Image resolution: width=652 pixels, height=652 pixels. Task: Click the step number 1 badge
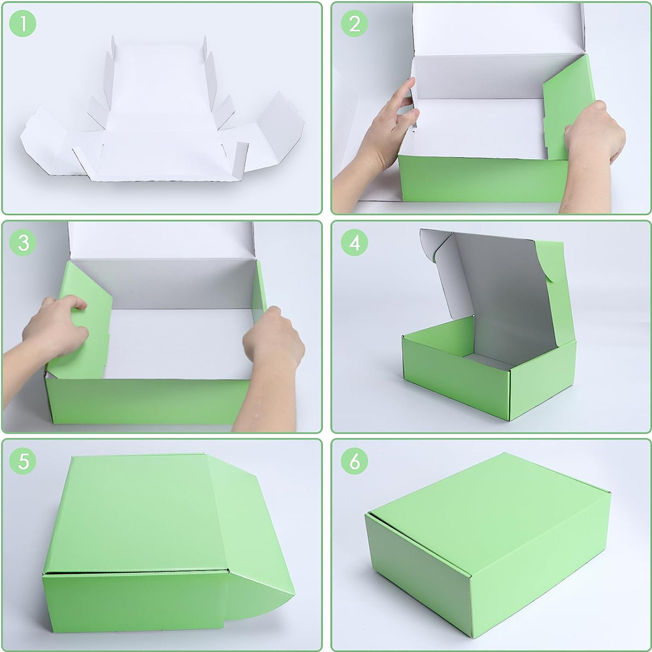pyautogui.click(x=22, y=23)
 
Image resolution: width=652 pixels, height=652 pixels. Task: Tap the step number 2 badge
pyautogui.click(x=354, y=23)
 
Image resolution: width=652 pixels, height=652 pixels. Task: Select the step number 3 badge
pyautogui.click(x=22, y=243)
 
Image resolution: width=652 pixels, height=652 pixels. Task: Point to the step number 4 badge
pyautogui.click(x=354, y=243)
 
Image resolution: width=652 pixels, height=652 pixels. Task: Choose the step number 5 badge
pyautogui.click(x=22, y=461)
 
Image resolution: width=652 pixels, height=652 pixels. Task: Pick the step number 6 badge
pyautogui.click(x=354, y=461)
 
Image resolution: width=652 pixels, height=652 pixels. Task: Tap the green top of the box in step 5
pyautogui.click(x=135, y=514)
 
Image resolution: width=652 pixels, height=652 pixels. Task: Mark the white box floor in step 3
pyautogui.click(x=179, y=343)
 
